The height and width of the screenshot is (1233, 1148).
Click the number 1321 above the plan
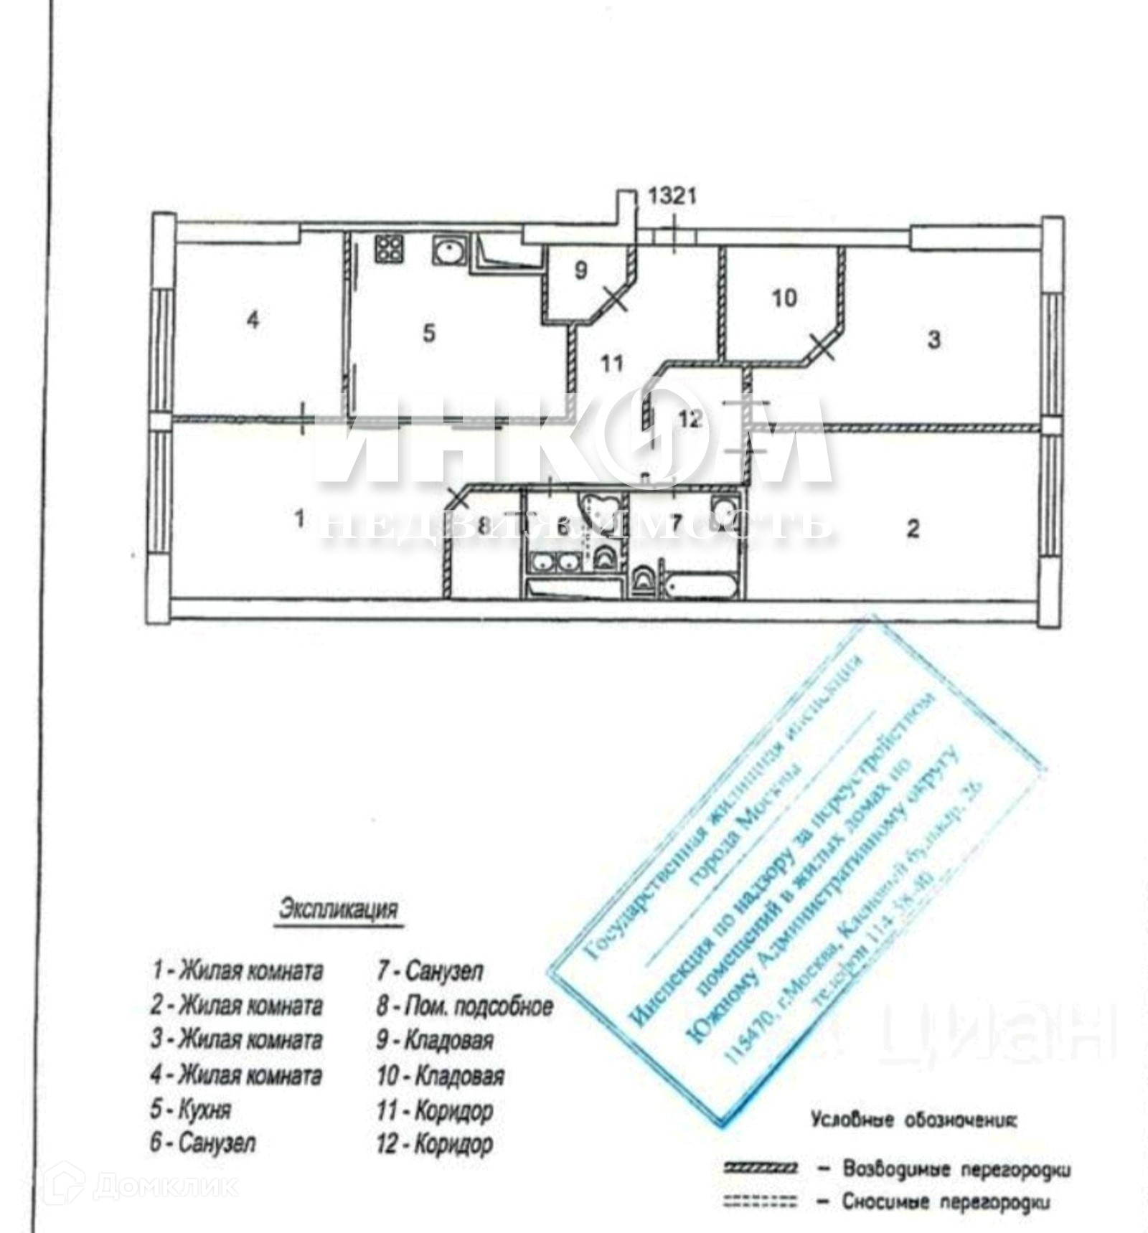tap(672, 196)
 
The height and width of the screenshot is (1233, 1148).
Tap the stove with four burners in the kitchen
tap(389, 249)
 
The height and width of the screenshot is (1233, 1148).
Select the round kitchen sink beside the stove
tap(450, 250)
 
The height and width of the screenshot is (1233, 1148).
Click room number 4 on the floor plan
tap(253, 320)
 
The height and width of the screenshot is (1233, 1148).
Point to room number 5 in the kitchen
tap(429, 333)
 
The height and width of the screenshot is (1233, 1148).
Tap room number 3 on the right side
tap(933, 339)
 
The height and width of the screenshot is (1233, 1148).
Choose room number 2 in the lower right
tap(913, 529)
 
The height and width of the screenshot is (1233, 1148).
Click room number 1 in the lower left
tap(299, 518)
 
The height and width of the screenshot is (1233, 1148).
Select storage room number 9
tap(581, 270)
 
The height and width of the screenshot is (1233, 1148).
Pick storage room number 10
tap(784, 297)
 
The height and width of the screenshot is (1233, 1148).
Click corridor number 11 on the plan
tap(611, 364)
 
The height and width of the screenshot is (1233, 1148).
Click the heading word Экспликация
tap(338, 909)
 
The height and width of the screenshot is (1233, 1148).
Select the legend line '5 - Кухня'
tap(191, 1109)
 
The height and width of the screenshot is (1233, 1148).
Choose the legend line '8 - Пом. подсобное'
tap(465, 1006)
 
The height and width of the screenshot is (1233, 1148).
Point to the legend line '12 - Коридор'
tap(435, 1143)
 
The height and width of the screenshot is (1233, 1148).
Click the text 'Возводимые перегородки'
tap(956, 1169)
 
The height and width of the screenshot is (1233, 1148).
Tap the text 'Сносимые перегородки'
tap(946, 1201)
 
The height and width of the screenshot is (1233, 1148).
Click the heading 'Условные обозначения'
tap(913, 1120)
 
